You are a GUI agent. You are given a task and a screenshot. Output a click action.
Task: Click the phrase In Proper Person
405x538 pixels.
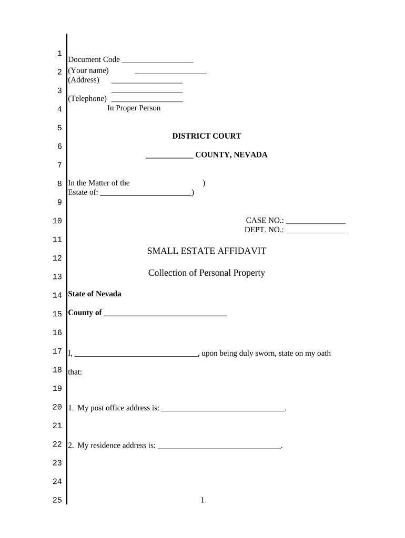point(134,108)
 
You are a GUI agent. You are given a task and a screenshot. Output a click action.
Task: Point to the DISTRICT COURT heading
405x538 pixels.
point(207,136)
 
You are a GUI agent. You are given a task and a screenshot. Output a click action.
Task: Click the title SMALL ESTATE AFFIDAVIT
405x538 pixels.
point(207,251)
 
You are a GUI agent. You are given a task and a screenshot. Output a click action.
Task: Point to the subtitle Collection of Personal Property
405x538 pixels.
point(207,273)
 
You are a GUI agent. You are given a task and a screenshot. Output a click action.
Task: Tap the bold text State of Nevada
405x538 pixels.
point(95,294)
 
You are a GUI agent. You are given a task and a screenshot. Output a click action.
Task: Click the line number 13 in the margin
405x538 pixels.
point(57,277)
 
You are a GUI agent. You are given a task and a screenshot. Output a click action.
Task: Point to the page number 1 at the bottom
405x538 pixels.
point(202,500)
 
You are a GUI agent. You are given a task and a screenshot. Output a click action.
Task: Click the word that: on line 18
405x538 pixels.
point(75,372)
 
